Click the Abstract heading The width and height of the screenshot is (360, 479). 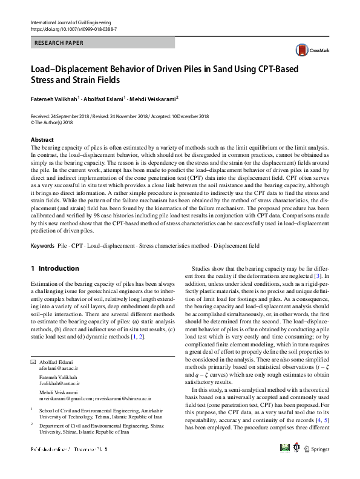(42, 139)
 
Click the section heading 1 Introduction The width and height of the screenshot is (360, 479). (54, 268)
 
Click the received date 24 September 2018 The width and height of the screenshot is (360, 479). (75, 116)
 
